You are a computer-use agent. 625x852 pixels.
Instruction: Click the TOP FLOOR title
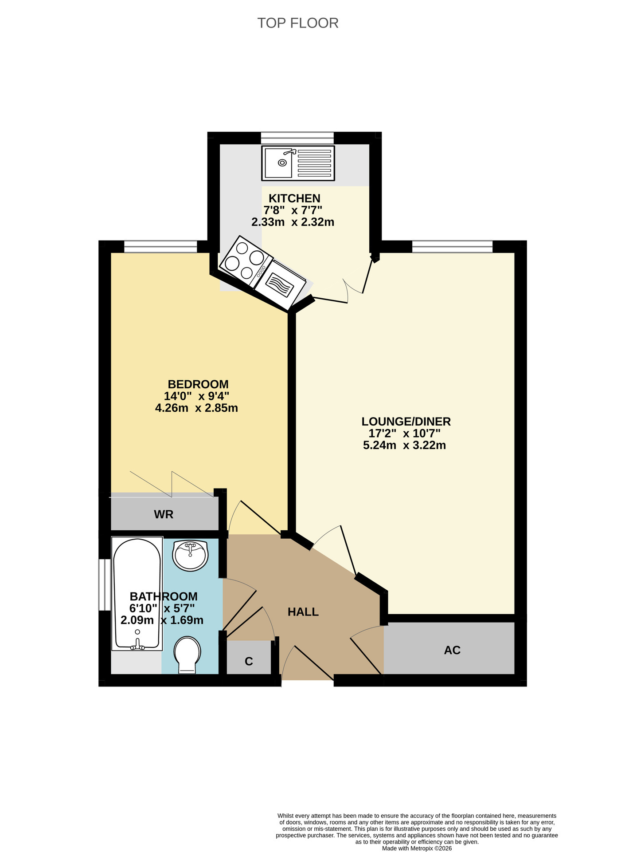[298, 23]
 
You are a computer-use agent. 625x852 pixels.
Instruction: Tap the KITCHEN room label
[294, 198]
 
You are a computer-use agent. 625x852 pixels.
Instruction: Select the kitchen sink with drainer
[298, 163]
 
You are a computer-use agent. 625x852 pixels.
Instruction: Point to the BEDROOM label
[198, 384]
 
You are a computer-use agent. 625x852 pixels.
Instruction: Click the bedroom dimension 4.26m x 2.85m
[196, 408]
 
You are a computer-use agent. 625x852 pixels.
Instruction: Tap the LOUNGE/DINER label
[406, 422]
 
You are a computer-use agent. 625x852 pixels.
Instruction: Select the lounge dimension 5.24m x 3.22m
[404, 445]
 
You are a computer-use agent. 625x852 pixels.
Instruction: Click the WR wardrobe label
[164, 514]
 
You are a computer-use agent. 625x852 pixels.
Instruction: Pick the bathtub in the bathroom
[137, 594]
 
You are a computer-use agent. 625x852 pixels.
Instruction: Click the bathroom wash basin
[190, 555]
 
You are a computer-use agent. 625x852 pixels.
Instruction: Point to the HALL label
[303, 612]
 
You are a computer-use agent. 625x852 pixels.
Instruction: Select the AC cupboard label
[452, 650]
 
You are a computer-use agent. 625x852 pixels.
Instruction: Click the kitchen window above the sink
[297, 138]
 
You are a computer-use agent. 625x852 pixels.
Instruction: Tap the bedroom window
[160, 246]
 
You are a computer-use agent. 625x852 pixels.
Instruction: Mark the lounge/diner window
[452, 246]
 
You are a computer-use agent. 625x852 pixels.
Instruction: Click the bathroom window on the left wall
[105, 585]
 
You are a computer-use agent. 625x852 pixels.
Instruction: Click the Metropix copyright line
[417, 848]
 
